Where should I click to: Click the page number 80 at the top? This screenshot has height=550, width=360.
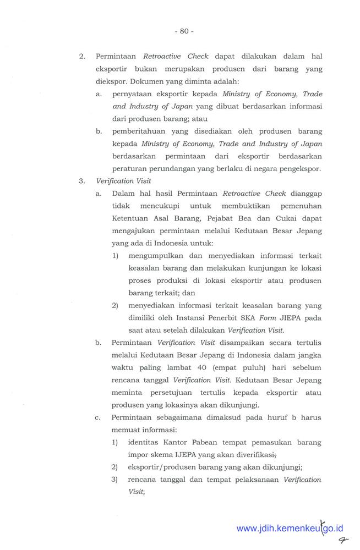pos(184,31)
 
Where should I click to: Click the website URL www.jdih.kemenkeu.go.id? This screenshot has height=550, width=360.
pos(290,529)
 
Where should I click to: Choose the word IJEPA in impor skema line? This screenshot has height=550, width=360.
pos(189,455)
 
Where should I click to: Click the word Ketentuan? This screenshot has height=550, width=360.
pos(131,218)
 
